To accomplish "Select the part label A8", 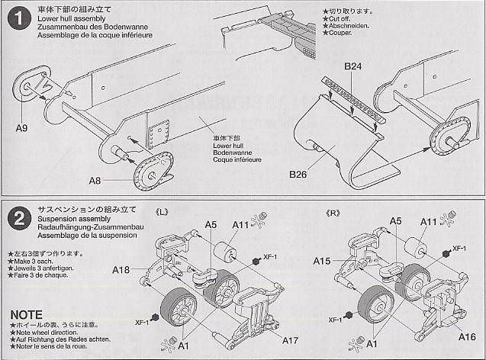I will (x=95, y=180).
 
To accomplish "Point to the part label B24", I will (x=352, y=67).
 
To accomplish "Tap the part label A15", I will (x=323, y=261).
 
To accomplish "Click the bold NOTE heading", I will (x=27, y=314).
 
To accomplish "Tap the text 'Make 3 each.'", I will (x=34, y=262).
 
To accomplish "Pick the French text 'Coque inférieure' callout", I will (x=237, y=160).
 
